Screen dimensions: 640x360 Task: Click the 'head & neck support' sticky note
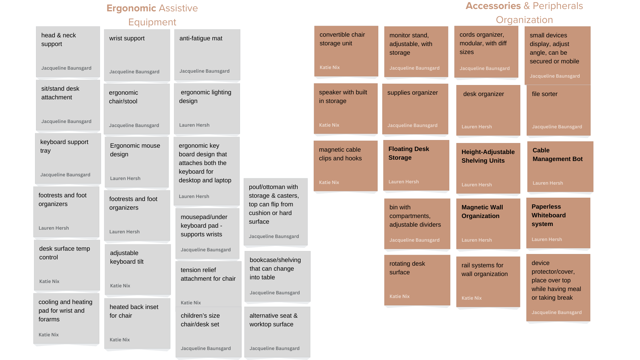pos(68,52)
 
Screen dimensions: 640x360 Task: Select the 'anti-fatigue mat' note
pos(207,55)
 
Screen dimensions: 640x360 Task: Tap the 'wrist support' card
pos(137,55)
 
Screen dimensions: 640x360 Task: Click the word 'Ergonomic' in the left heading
pos(131,8)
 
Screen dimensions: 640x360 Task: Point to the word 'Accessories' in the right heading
pos(493,6)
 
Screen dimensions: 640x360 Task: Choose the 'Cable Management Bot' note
pos(560,166)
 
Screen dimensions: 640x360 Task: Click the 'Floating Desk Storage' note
pos(416,165)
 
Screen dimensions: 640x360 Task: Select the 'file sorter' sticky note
pos(558,110)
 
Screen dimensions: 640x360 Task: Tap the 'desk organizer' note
pos(488,110)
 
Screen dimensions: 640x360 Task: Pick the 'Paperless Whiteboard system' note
pos(558,223)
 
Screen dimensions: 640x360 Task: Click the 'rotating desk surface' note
pos(417,280)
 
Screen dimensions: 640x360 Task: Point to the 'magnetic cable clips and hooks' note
pos(345,166)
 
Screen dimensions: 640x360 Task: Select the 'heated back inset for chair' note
pos(137,323)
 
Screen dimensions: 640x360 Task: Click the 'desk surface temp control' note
pos(67,265)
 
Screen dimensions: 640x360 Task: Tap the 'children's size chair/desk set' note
pos(208,332)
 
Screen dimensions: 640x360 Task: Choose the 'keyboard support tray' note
pos(68,158)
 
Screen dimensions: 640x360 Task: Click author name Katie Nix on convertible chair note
pos(330,67)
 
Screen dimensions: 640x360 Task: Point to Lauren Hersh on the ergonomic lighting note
pos(194,125)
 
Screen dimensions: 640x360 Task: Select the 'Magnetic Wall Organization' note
pos(488,224)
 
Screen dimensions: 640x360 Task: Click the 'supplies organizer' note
pos(415,109)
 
